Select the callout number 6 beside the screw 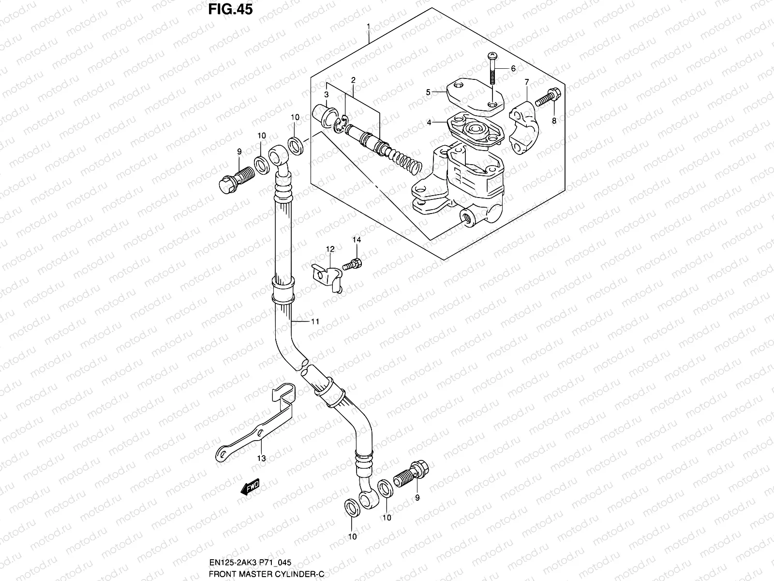[513, 69]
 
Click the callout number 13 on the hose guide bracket [261, 458]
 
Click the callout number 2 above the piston [354, 80]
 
